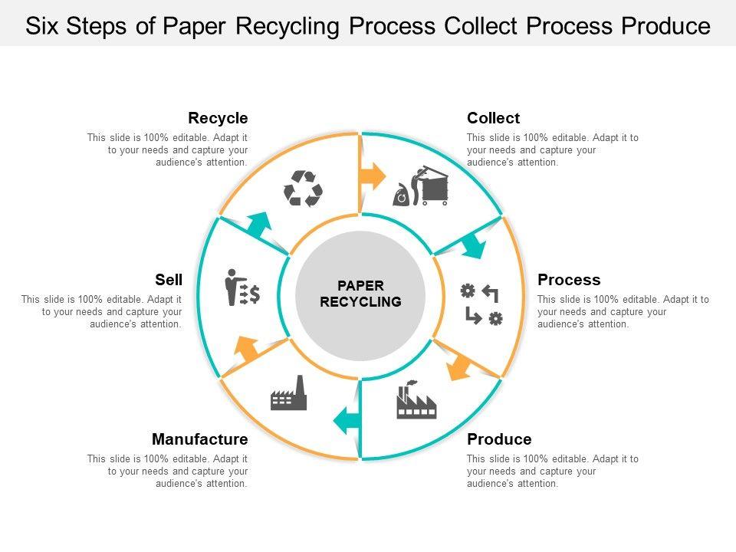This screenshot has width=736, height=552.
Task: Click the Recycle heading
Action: [x=218, y=118]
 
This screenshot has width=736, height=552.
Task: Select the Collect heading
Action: [x=493, y=118]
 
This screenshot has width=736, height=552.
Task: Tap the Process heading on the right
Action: [x=569, y=280]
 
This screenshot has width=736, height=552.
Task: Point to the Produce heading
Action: [x=499, y=439]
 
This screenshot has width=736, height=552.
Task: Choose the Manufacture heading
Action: [x=200, y=439]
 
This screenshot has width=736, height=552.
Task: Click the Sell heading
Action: [x=169, y=280]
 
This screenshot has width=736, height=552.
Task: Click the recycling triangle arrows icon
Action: [x=303, y=189]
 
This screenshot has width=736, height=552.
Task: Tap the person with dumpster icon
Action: [x=422, y=187]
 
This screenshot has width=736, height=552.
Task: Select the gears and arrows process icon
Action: [x=481, y=304]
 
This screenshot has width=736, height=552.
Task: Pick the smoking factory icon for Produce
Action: [x=416, y=399]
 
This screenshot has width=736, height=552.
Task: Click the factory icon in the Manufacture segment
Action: [x=289, y=393]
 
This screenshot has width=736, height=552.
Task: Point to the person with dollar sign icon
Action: [x=242, y=288]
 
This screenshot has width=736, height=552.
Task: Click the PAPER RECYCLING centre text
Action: [x=360, y=294]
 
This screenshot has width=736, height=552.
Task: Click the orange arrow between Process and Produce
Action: [x=459, y=366]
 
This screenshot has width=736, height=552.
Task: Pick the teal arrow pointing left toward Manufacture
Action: [x=347, y=418]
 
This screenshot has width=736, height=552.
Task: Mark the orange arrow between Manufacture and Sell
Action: [x=247, y=349]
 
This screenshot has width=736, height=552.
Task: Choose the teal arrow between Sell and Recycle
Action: [x=259, y=226]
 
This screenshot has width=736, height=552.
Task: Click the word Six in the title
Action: [x=43, y=26]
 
